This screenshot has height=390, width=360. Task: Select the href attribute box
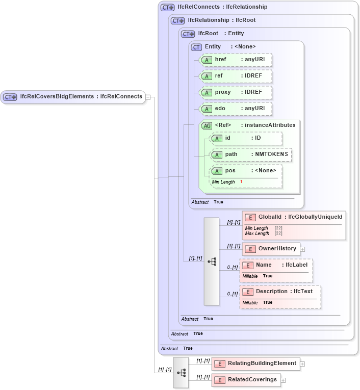pyautogui.click(x=235, y=60)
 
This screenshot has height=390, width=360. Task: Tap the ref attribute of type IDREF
pyautogui.click(x=235, y=76)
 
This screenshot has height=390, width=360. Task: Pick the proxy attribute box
pyautogui.click(x=235, y=92)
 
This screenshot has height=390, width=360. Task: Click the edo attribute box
pyautogui.click(x=235, y=109)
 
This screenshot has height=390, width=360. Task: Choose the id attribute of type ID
pyautogui.click(x=246, y=138)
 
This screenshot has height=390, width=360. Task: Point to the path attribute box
pyautogui.click(x=250, y=154)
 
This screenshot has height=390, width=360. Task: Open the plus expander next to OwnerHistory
pyautogui.click(x=302, y=249)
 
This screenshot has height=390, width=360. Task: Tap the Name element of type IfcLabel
pyautogui.click(x=275, y=265)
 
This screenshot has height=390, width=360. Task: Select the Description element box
pyautogui.click(x=279, y=292)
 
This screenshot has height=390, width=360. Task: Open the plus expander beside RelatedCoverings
pyautogui.click(x=284, y=380)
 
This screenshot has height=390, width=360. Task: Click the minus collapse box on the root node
pyautogui.click(x=147, y=96)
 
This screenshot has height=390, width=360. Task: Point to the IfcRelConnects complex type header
pyautogui.click(x=222, y=7)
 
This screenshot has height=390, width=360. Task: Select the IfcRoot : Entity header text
pyautogui.click(x=221, y=34)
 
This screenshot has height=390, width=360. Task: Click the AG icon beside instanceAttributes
pyautogui.click(x=207, y=125)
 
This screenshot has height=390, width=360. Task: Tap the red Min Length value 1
pyautogui.click(x=241, y=182)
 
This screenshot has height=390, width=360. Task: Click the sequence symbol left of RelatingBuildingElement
pyautogui.click(x=181, y=372)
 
